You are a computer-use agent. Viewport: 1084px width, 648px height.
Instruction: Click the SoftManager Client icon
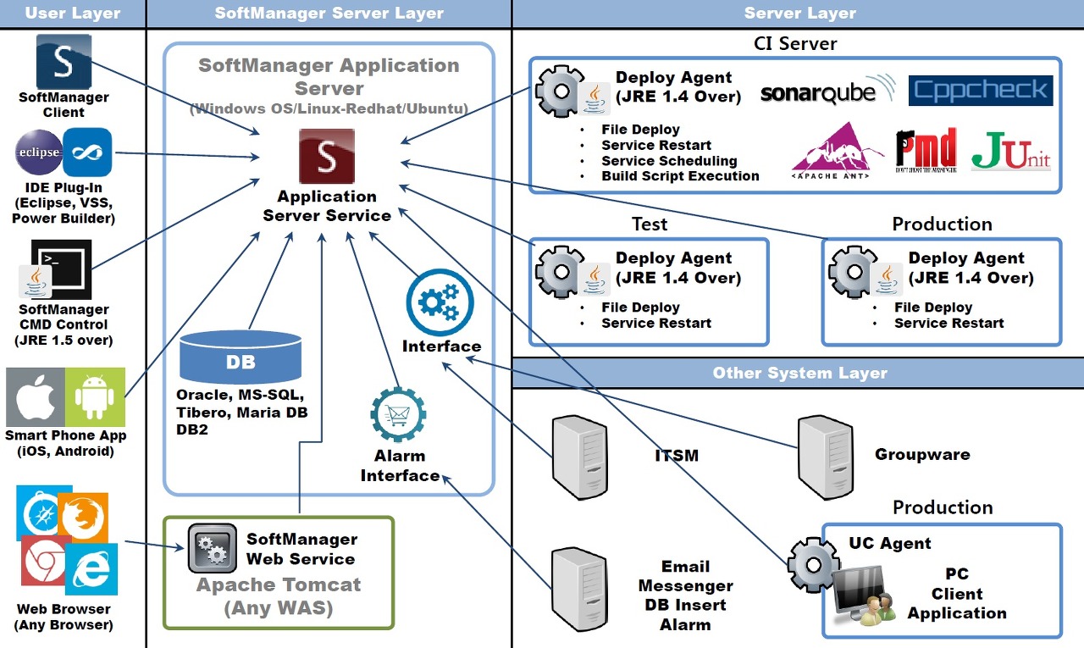64,62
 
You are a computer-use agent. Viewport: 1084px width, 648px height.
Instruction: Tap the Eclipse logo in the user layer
39,152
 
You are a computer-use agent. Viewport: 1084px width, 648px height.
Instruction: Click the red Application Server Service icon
326,156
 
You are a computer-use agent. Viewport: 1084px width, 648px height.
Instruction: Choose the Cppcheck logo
980,91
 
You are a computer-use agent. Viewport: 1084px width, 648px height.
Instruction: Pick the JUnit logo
1010,151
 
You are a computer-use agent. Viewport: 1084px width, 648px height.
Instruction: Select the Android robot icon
95,396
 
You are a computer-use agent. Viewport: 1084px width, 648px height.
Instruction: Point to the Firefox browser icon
83,517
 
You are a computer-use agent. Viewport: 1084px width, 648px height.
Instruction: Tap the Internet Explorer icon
91,569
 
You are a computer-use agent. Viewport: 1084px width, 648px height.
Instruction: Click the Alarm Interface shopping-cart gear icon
398,415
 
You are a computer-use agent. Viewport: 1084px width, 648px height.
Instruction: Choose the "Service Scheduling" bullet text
669,161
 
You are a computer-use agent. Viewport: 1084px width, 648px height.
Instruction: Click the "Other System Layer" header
799,373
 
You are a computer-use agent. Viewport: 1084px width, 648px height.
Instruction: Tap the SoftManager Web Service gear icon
212,549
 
